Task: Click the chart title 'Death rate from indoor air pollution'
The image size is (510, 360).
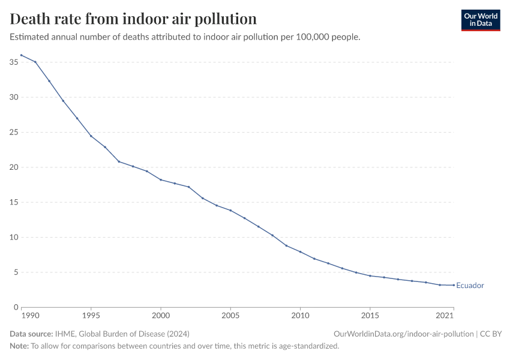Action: (133, 19)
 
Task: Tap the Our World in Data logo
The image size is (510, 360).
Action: (480, 20)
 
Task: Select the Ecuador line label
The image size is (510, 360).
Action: (470, 286)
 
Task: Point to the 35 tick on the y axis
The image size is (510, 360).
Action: (14, 62)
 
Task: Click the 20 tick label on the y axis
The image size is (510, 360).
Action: (14, 167)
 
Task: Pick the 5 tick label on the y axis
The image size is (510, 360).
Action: (16, 272)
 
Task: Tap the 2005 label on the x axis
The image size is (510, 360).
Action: (230, 315)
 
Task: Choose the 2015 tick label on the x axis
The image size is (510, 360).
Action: (370, 315)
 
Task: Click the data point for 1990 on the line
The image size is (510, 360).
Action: (21, 55)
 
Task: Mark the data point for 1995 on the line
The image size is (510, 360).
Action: (91, 136)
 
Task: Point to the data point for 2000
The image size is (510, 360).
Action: (161, 179)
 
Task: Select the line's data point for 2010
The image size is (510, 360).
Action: (300, 251)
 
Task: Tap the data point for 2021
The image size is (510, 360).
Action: (454, 285)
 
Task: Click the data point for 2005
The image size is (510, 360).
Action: (230, 210)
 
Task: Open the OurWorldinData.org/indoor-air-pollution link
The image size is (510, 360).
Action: (403, 334)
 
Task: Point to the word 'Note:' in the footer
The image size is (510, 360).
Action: (20, 346)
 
